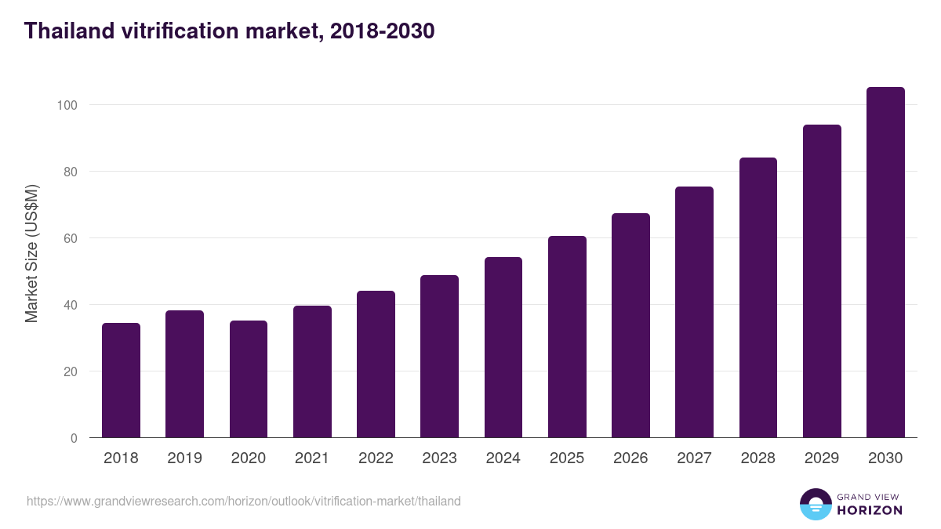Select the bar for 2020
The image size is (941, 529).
pyautogui.click(x=249, y=379)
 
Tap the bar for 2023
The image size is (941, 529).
pyautogui.click(x=439, y=357)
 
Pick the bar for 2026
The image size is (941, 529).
pyautogui.click(x=630, y=325)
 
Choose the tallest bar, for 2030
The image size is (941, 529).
pyautogui.click(x=885, y=263)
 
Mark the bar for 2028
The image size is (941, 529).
pyautogui.click(x=758, y=298)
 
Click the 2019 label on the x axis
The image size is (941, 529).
pyautogui.click(x=184, y=458)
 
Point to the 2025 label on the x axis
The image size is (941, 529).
pyautogui.click(x=567, y=458)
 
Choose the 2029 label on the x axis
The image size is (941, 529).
pyautogui.click(x=822, y=458)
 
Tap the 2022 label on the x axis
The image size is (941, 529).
pyautogui.click(x=376, y=458)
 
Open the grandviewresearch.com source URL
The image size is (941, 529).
pyautogui.click(x=244, y=501)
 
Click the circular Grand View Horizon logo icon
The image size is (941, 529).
pyautogui.click(x=816, y=504)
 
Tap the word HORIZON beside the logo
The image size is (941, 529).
pyautogui.click(x=870, y=510)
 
